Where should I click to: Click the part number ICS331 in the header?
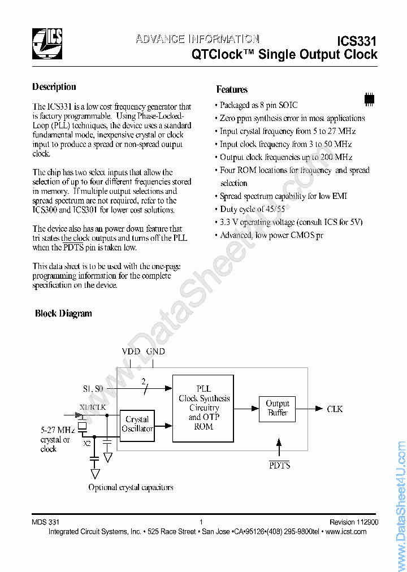coord(356,41)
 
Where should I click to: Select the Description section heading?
coord(54,86)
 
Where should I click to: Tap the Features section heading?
coord(232,89)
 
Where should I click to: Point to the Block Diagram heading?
coord(63,313)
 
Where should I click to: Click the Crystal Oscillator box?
coord(137,424)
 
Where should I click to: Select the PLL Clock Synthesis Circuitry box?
coord(203,408)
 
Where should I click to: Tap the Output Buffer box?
coord(278,408)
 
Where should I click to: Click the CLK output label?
coord(335,409)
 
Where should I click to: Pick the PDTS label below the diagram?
coord(279,465)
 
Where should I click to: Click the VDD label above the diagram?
coord(131,351)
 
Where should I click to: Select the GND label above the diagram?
coord(155,351)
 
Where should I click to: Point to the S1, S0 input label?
coord(94,388)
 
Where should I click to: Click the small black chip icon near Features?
coord(369,98)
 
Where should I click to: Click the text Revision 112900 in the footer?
coord(354,522)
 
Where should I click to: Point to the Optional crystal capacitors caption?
coord(131,487)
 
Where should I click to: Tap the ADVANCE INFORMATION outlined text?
coord(197,39)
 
